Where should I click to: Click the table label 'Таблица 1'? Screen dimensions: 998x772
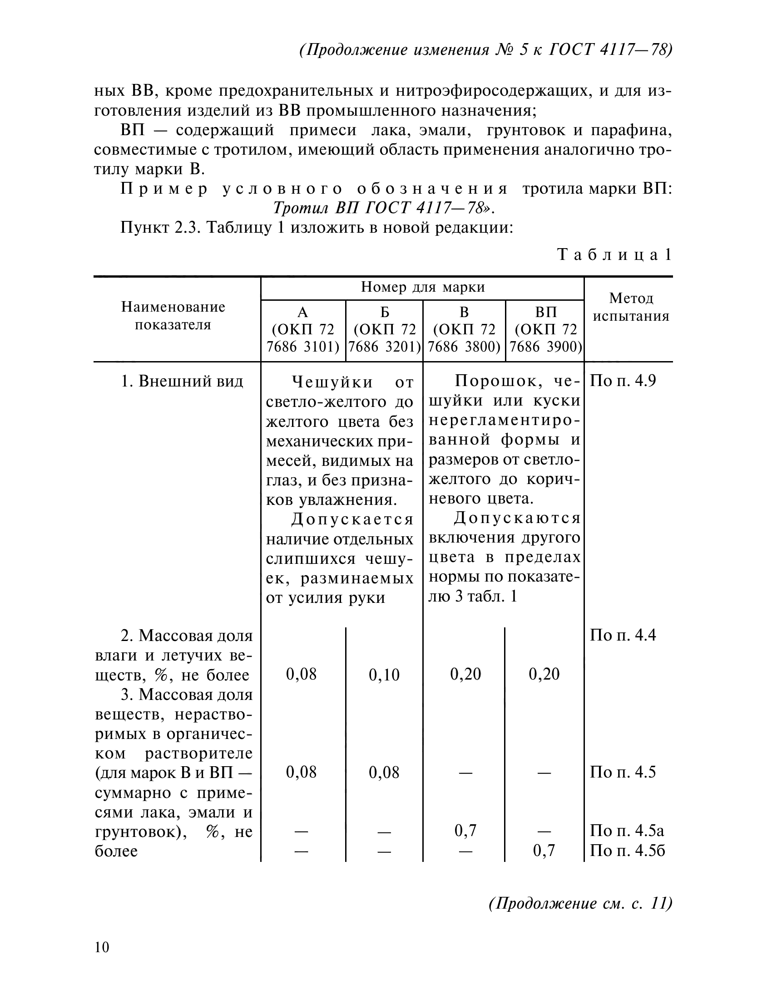point(614,254)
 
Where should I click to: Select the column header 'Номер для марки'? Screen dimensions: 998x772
point(422,288)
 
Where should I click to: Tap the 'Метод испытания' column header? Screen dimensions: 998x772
point(631,307)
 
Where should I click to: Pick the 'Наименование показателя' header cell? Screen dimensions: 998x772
point(173,316)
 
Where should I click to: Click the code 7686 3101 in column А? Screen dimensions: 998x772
point(303,347)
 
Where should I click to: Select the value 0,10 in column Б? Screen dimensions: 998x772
point(384,675)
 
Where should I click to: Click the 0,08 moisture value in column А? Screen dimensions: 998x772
point(301,675)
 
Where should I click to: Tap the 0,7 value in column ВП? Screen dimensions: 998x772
point(544,850)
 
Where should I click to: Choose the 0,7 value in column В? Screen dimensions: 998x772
point(465,830)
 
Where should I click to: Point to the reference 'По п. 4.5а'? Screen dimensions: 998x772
point(627,830)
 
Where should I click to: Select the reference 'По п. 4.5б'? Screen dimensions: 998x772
point(627,850)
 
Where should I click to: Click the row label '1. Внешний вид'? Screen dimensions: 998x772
point(182,381)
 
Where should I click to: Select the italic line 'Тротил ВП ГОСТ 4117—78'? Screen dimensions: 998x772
point(383,208)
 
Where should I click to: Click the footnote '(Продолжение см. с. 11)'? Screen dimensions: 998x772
point(580,903)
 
